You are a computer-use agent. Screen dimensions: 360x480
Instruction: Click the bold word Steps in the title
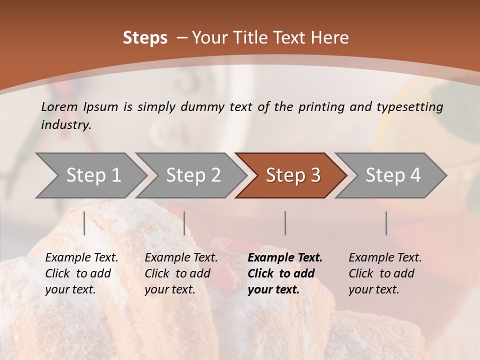pos(145,38)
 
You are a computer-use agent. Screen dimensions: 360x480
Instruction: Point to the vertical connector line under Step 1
pos(84,223)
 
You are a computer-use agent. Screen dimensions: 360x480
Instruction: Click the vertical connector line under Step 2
pos(184,223)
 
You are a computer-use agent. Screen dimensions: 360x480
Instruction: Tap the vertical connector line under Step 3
pos(285,223)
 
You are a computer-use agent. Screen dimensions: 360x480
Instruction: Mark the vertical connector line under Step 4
pos(386,223)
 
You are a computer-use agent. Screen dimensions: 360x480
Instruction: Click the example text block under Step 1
pos(81,273)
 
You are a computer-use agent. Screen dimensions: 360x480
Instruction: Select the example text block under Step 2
pos(181,273)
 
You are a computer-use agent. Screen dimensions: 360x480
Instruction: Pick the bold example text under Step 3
pos(284,273)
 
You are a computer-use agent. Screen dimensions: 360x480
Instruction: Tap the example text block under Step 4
pos(385,273)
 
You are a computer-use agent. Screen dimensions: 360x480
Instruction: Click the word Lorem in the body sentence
pos(59,106)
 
